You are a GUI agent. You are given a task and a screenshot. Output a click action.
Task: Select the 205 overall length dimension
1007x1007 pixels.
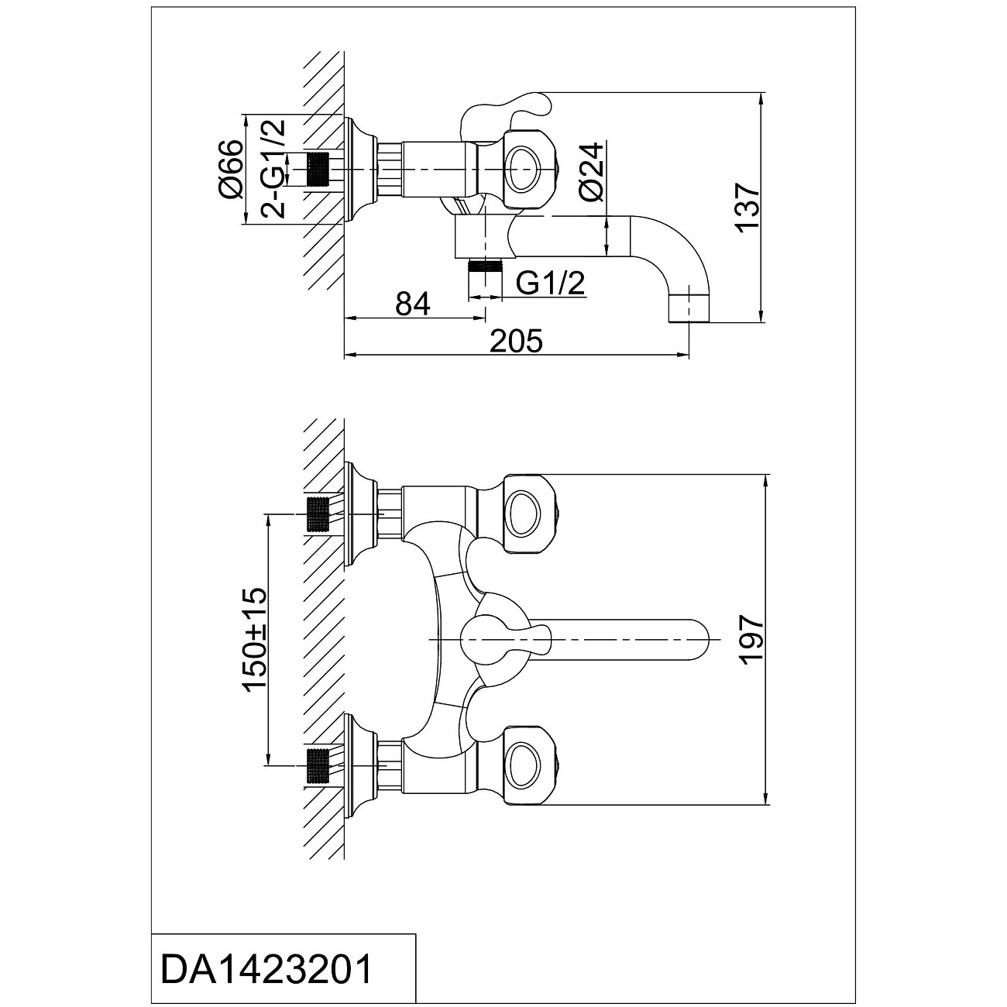pyautogui.click(x=517, y=342)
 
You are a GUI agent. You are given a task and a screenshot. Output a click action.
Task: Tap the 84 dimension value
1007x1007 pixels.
pyautogui.click(x=413, y=304)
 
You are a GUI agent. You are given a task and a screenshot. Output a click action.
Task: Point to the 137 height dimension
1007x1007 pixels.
pyautogui.click(x=748, y=206)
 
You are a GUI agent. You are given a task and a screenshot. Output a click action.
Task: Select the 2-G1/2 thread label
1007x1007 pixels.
pyautogui.click(x=273, y=168)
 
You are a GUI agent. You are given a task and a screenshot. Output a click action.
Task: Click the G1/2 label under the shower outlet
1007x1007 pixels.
pyautogui.click(x=550, y=284)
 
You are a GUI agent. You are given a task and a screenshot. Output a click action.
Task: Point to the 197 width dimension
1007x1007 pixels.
pyautogui.click(x=752, y=639)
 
